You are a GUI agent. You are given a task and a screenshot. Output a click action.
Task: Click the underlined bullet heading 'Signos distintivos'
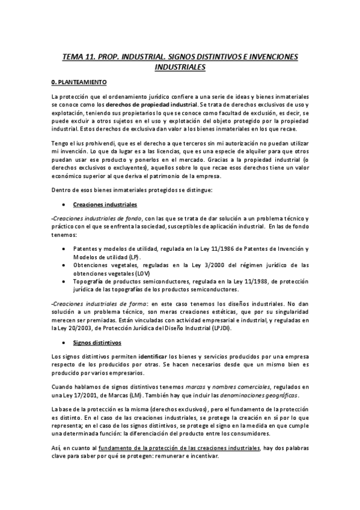pos(97,343)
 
